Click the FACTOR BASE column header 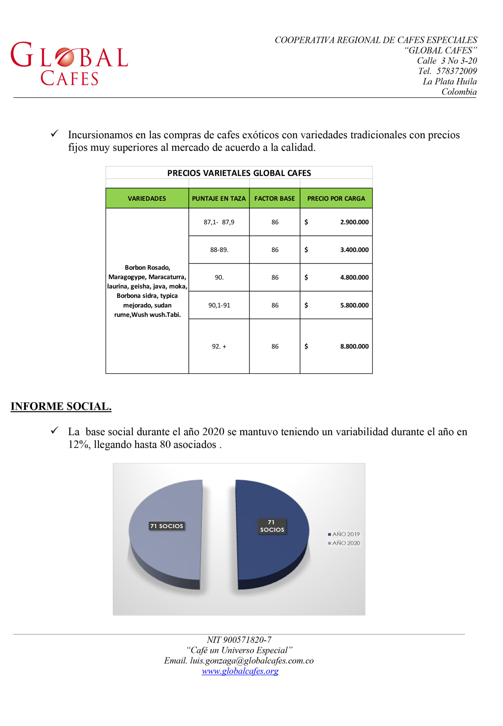pos(274,198)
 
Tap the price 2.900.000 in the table pos(354,222)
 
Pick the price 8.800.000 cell pos(354,346)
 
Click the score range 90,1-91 pos(219,305)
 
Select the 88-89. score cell pos(219,250)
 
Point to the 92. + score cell pos(219,346)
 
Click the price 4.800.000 pos(354,277)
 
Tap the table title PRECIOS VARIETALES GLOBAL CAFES pos(239,173)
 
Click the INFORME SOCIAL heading pos(61,406)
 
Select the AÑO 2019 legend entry pos(344,534)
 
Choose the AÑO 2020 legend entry pos(344,543)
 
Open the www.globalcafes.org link pos(240,671)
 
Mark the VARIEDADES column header pos(147,198)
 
